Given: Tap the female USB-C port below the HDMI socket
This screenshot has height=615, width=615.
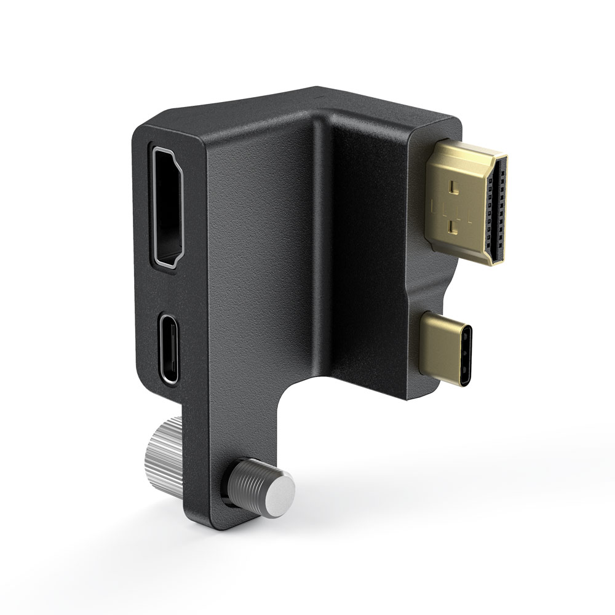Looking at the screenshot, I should (170, 347).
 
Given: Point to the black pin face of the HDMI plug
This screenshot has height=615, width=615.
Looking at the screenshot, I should (498, 208).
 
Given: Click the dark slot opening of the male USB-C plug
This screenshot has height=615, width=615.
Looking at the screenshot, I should (469, 348).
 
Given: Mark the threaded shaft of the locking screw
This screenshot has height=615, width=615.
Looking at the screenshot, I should (246, 486).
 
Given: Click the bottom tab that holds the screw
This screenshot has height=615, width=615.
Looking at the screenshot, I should (209, 492).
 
